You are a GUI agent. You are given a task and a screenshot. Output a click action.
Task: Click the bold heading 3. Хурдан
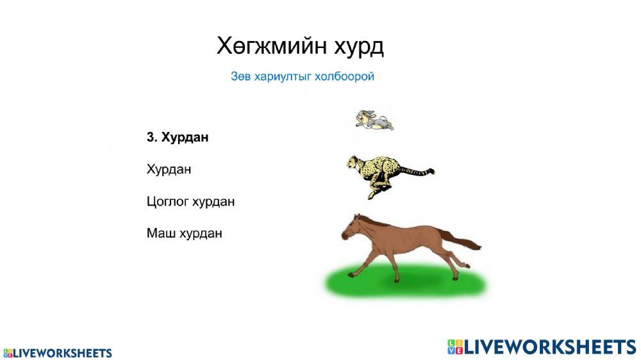click(x=178, y=137)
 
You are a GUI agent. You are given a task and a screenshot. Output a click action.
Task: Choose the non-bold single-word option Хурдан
click(x=169, y=170)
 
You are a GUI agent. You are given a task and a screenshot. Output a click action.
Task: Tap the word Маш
click(x=159, y=233)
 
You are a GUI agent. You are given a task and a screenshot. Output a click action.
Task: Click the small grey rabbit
click(x=374, y=120)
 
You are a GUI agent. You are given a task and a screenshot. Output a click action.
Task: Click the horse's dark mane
click(x=375, y=222)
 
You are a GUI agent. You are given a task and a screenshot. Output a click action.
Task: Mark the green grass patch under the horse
click(x=404, y=282)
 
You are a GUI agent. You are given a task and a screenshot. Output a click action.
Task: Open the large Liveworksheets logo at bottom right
click(x=542, y=347)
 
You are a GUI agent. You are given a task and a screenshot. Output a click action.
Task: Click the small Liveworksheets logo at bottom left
click(x=58, y=353)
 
